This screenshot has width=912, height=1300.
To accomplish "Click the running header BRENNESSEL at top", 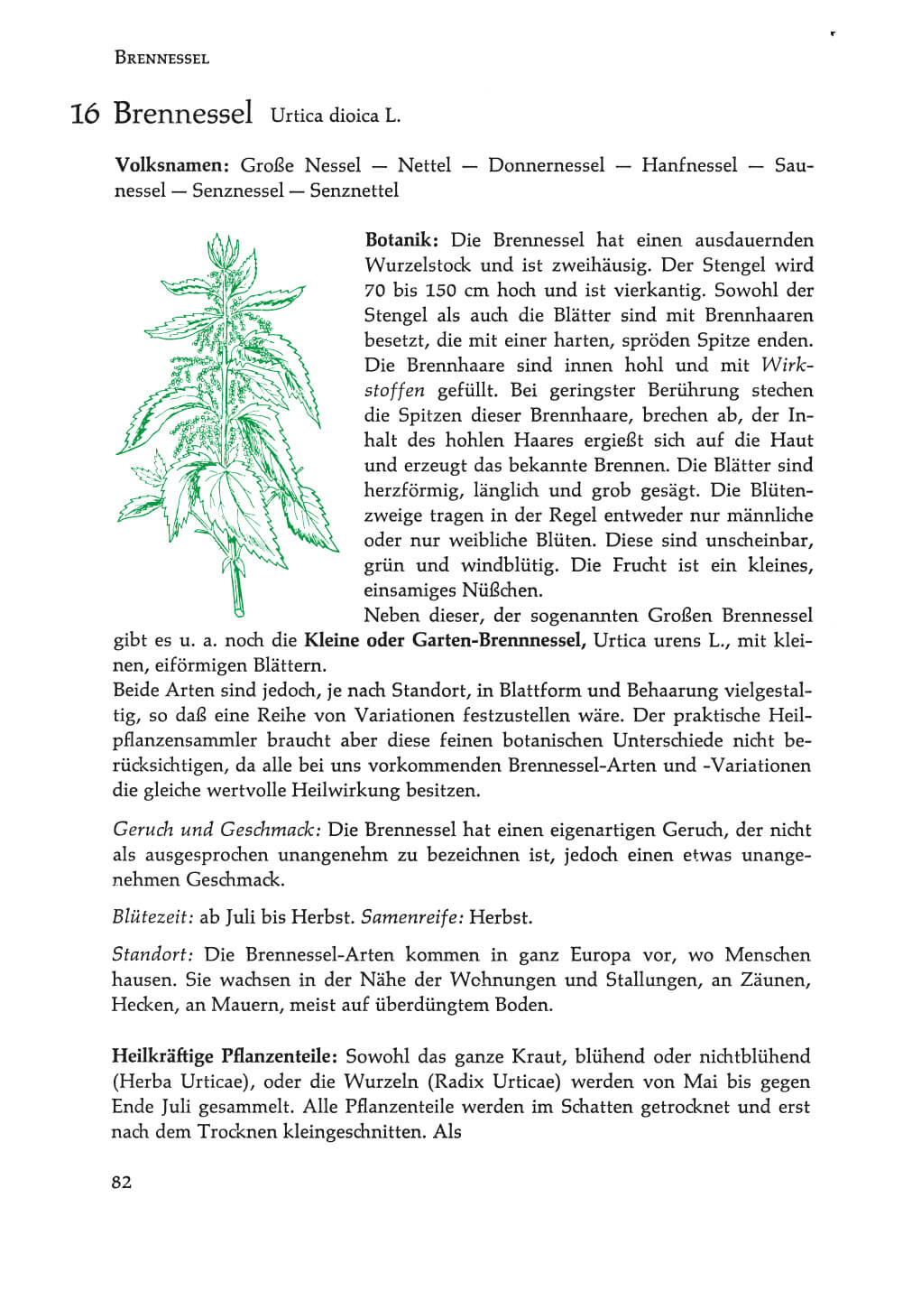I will (161, 59).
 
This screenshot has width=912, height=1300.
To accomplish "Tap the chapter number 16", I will (84, 115).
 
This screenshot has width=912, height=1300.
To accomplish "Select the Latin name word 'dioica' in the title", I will (354, 116).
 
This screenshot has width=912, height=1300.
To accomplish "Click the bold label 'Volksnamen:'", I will (171, 165).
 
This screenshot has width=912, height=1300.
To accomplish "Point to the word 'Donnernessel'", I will (546, 165).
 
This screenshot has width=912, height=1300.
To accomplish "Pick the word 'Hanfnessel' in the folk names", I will (689, 165).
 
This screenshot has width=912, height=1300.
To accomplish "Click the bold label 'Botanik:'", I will (401, 240).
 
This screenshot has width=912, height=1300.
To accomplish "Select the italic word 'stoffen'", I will (394, 391).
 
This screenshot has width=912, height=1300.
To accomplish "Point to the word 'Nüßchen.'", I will (502, 591).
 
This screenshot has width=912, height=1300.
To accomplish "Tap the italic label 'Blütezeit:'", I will (152, 917).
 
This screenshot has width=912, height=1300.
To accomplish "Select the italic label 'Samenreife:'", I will (412, 917).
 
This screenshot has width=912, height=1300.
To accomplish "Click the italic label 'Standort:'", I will (152, 955).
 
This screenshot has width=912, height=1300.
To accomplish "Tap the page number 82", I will (122, 1183).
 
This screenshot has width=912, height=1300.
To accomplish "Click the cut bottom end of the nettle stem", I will (239, 612).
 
